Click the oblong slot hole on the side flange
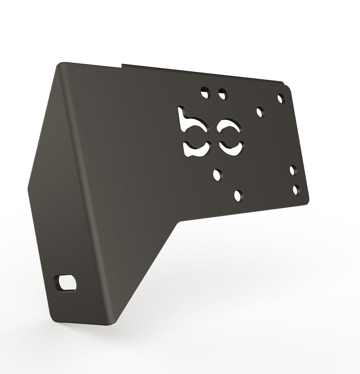pos(67,283)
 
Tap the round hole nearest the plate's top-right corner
pos(281,98)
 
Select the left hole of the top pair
pos(206,92)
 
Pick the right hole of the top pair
pos(223,94)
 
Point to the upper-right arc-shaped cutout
pos(230,125)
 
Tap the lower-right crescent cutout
pos(232,148)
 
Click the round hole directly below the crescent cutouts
pos(218,175)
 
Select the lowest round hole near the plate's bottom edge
pos(239,195)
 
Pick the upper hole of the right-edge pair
pos(293,170)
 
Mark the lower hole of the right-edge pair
pos(296,190)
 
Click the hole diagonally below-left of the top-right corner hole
pos(260,112)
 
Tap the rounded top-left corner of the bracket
pos(60,64)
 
